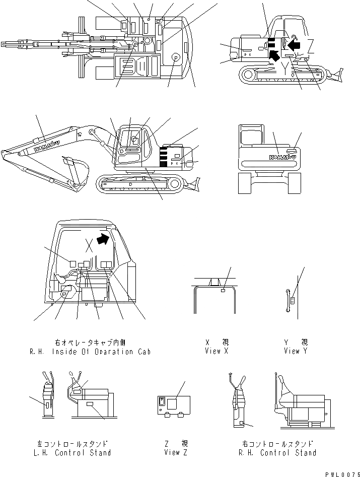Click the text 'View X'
pos(217,351)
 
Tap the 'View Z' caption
pos(176,452)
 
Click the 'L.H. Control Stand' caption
pos(74,452)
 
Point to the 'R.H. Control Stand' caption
pos(278,452)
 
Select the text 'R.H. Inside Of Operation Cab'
pos(90,352)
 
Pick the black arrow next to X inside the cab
pos(103,238)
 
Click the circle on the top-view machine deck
pos(175,58)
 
